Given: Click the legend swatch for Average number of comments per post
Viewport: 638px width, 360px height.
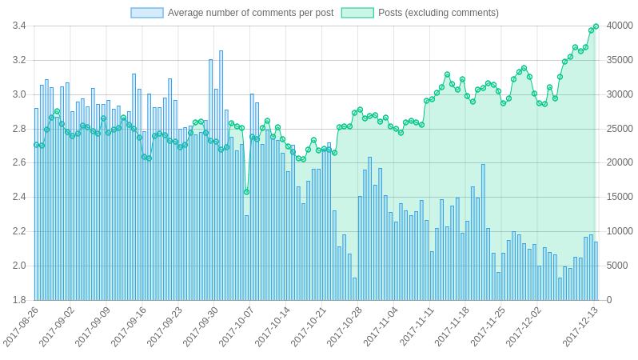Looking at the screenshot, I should click(x=147, y=13).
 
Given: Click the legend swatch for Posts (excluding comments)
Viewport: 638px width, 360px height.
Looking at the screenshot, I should click(x=357, y=13).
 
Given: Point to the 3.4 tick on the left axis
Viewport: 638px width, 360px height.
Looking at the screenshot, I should click(x=19, y=26).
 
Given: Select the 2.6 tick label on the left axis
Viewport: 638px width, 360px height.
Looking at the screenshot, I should click(x=19, y=162).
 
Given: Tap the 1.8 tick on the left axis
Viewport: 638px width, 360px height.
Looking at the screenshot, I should click(x=19, y=300).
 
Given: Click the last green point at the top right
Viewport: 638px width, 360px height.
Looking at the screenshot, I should click(x=596, y=26).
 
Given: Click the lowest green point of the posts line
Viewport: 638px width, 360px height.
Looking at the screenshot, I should click(x=246, y=192).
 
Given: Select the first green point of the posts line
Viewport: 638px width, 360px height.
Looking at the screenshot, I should click(x=36, y=145).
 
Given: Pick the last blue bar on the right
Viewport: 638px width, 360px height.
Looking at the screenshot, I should click(x=596, y=270).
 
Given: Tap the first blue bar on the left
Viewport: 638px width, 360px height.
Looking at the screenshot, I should click(x=36, y=204).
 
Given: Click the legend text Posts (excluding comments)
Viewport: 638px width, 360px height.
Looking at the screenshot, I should click(x=438, y=13).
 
